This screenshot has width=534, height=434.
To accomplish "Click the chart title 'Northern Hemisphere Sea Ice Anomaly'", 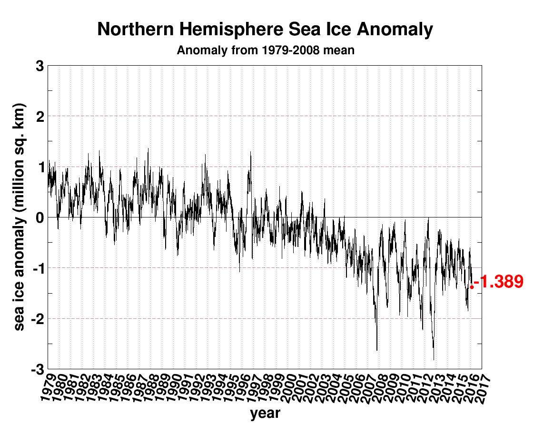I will [x=265, y=30].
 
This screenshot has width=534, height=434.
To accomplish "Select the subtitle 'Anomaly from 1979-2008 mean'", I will [x=265, y=50].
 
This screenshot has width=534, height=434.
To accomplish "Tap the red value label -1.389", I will [x=501, y=282].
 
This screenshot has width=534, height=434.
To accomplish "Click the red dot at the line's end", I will [x=471, y=287].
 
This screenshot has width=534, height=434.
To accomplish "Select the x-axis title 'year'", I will [x=265, y=413].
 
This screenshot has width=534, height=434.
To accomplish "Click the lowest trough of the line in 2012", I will [x=434, y=359].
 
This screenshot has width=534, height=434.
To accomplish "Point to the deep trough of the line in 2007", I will [x=377, y=350].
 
